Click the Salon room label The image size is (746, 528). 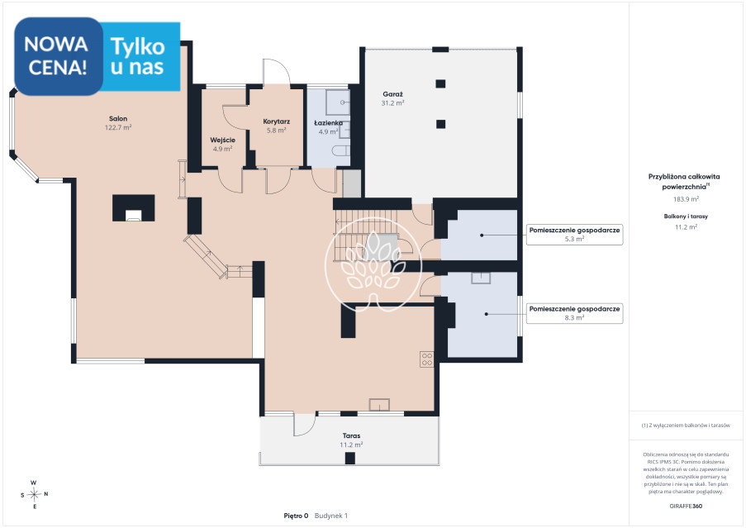pyautogui.click(x=118, y=119)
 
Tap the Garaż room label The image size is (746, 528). pyautogui.click(x=392, y=94)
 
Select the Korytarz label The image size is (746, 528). pyautogui.click(x=277, y=121)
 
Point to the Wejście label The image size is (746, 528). pyautogui.click(x=223, y=140)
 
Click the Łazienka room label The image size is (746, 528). pyautogui.click(x=328, y=123)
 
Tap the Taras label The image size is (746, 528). pyautogui.click(x=352, y=435)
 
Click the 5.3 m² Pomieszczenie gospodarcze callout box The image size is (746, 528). pyautogui.click(x=574, y=235)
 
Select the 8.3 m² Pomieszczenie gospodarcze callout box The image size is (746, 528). pyautogui.click(x=574, y=313)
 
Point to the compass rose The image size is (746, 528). pyautogui.click(x=34, y=495)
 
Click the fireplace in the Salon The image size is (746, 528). pyautogui.click(x=133, y=208)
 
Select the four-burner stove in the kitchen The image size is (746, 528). pyautogui.click(x=427, y=359)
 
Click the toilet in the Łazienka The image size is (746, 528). pyautogui.click(x=341, y=151)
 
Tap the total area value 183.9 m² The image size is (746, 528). pyautogui.click(x=686, y=199)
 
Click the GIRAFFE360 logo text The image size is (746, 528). pyautogui.click(x=686, y=507)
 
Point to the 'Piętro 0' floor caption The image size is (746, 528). pyautogui.click(x=296, y=516)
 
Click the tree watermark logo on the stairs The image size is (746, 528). pyautogui.click(x=373, y=265)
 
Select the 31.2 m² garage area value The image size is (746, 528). pyautogui.click(x=392, y=102)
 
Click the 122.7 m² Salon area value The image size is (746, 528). pyautogui.click(x=118, y=127)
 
